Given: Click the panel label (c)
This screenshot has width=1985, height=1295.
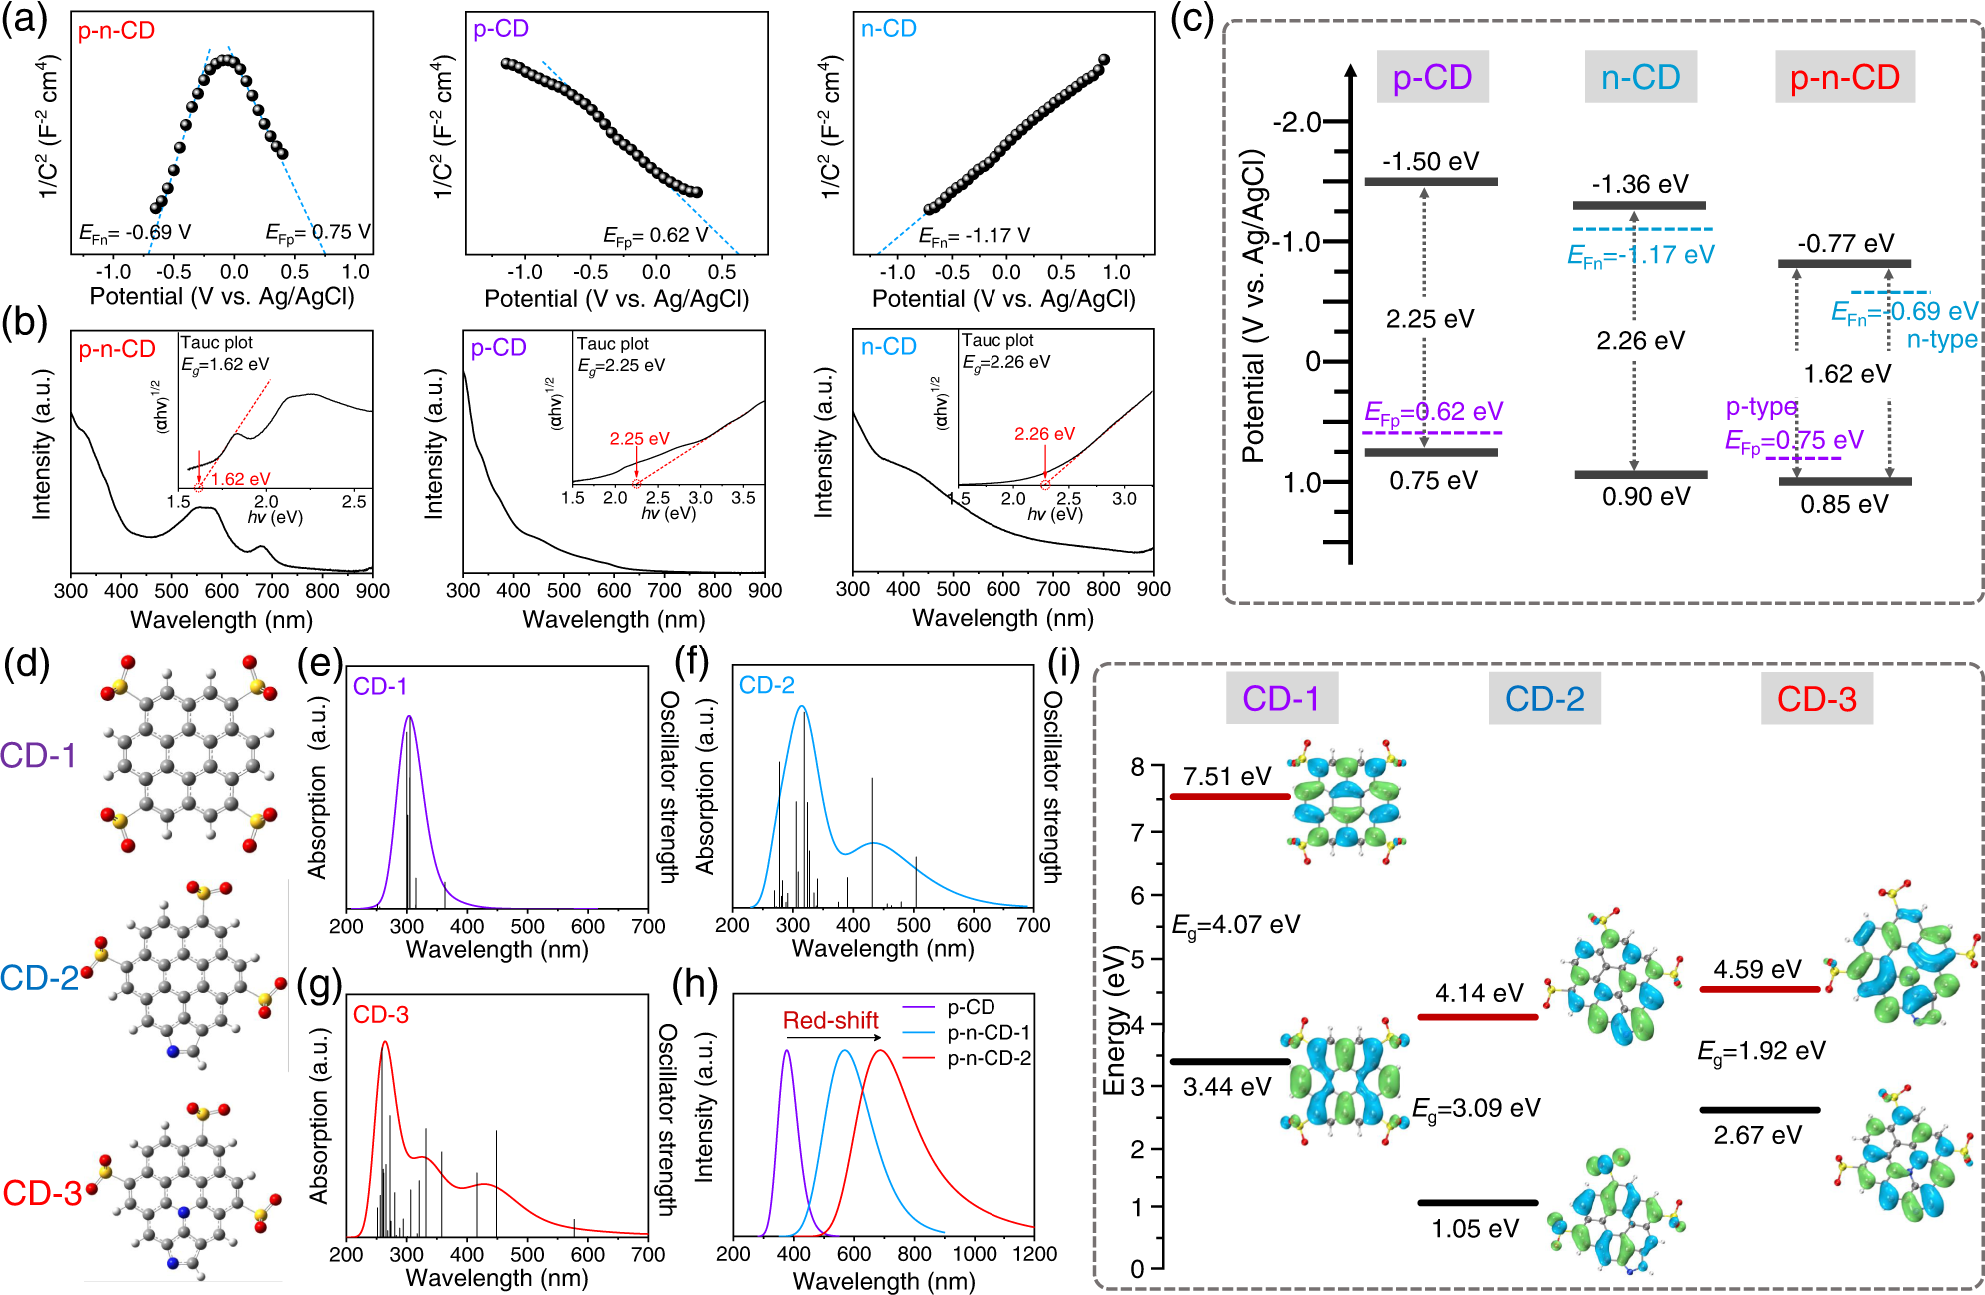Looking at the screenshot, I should pyautogui.click(x=1190, y=21).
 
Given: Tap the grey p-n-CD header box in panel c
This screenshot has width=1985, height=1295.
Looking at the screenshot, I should pyautogui.click(x=1844, y=77).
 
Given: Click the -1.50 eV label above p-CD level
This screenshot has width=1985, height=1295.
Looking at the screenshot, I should pyautogui.click(x=1430, y=162).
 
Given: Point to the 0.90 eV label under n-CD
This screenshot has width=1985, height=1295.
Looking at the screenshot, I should pyautogui.click(x=1645, y=497).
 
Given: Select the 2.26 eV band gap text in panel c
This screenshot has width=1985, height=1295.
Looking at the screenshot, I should pyautogui.click(x=1640, y=341).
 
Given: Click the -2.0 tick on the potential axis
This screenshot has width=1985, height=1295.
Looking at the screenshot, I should pyautogui.click(x=1296, y=122).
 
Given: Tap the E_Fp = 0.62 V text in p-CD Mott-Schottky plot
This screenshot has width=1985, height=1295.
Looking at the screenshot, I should pyautogui.click(x=655, y=235).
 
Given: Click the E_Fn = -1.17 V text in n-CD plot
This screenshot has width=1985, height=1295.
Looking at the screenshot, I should pyautogui.click(x=975, y=236).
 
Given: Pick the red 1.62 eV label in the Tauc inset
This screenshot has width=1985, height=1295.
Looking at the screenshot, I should pyautogui.click(x=240, y=479).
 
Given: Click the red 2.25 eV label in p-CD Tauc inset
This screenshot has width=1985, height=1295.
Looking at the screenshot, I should pyautogui.click(x=639, y=439).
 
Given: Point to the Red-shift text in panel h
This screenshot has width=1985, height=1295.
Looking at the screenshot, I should pyautogui.click(x=830, y=1020).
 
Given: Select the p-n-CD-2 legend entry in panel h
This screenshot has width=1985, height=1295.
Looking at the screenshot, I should pyautogui.click(x=988, y=1058).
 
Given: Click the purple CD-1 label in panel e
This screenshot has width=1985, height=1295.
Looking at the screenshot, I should pyautogui.click(x=380, y=686).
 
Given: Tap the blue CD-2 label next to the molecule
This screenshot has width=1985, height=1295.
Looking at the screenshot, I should pyautogui.click(x=39, y=977).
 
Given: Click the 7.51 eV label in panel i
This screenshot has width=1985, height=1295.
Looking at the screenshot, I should pyautogui.click(x=1226, y=776).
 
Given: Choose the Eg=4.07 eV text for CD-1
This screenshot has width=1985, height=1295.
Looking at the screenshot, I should pyautogui.click(x=1236, y=925).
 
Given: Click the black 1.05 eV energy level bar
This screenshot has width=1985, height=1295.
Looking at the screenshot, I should pyautogui.click(x=1477, y=1202).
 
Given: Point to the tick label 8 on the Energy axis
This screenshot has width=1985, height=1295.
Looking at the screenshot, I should pyautogui.click(x=1137, y=767).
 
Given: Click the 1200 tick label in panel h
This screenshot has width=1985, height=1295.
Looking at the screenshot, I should pyautogui.click(x=1034, y=1253).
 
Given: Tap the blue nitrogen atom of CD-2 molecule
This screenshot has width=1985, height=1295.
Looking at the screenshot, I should pyautogui.click(x=172, y=1051).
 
